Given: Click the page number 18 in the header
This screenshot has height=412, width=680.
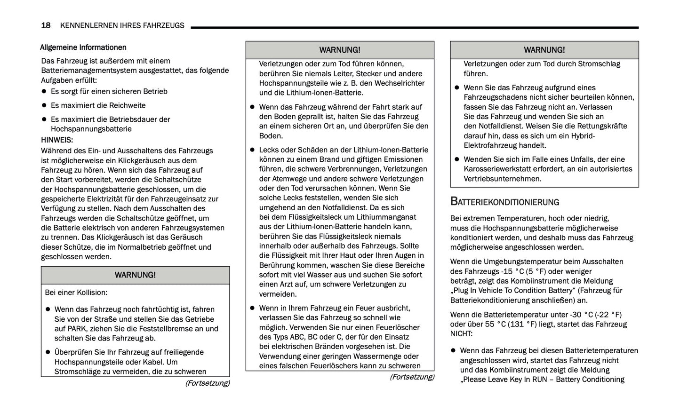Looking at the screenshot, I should (x=46, y=25).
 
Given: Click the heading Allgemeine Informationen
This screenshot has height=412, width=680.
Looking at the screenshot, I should (x=83, y=48).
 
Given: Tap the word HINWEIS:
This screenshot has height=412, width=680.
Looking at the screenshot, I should (x=57, y=140).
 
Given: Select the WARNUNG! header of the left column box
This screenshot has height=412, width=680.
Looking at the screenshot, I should (x=135, y=275).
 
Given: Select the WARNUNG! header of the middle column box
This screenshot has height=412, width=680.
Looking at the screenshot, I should (x=340, y=50).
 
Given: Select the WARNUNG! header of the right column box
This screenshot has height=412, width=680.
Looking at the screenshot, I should (x=544, y=50).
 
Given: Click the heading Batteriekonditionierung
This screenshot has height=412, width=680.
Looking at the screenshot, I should (x=504, y=202).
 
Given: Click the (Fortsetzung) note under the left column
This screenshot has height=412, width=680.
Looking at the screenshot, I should (x=207, y=383).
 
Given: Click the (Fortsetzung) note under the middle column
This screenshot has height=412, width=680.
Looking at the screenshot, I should (x=412, y=377).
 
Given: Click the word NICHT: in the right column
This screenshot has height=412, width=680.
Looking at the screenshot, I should (x=461, y=333).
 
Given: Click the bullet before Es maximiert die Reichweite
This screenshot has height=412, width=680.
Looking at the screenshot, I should (x=44, y=105).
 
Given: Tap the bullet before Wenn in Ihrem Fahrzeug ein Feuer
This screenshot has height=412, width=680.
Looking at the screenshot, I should (x=252, y=308).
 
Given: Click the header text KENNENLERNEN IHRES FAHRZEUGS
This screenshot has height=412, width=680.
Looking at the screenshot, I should (x=122, y=25).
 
